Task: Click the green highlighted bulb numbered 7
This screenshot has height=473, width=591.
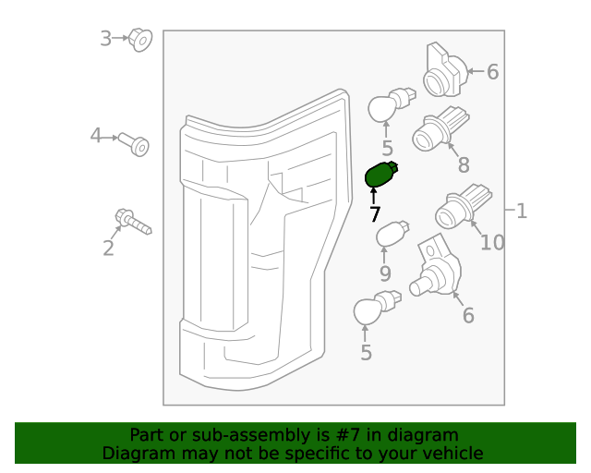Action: click(381, 175)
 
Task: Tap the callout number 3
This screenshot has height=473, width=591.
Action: click(105, 39)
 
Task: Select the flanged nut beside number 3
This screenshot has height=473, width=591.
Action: click(140, 40)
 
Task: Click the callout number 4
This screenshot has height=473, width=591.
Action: click(96, 136)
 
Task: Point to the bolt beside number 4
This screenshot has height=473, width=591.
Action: click(134, 144)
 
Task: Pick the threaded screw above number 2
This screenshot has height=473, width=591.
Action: click(133, 222)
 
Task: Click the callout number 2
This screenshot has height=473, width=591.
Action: click(108, 249)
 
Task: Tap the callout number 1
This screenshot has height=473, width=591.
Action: click(521, 211)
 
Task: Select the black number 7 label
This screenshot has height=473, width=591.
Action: click(375, 214)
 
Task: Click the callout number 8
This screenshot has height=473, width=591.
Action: click(464, 164)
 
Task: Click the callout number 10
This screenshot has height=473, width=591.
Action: click(492, 243)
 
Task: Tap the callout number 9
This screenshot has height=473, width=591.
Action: click(385, 273)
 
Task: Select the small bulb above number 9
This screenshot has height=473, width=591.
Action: click(392, 234)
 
